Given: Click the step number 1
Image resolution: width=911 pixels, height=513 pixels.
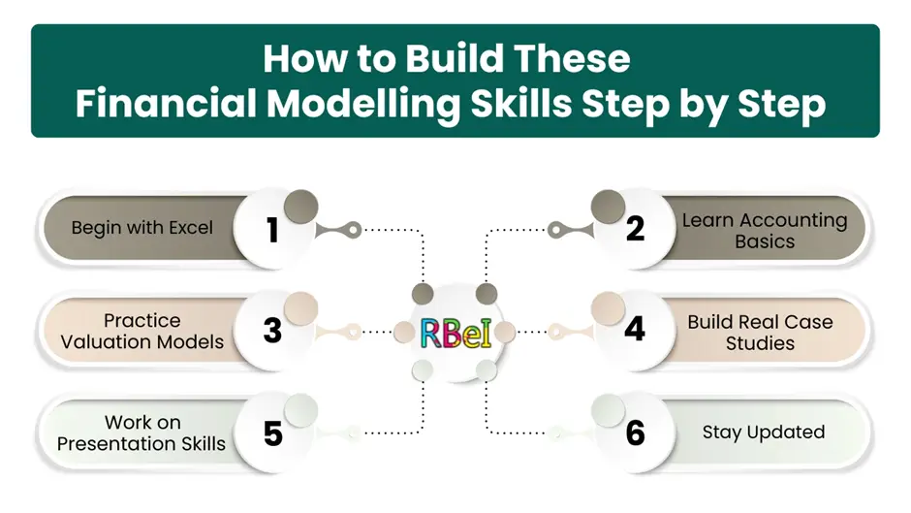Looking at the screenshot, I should pos(272,230).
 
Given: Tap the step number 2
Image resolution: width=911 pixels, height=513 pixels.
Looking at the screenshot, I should pos(635,230).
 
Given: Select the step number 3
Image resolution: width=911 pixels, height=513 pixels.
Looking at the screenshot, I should pos(272,331).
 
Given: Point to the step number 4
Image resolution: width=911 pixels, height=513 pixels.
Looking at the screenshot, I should pos(635,331).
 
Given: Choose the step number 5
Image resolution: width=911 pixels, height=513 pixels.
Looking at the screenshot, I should pos(272,433).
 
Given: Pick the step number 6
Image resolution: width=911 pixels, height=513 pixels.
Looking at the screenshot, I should pos(635,433).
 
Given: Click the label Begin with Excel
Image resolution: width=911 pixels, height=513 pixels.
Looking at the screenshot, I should pos(141,230).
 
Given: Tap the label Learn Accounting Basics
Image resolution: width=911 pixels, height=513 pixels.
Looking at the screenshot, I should pos(764,231).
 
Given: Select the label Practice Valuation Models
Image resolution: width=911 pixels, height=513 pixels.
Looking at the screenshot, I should pos(142,331).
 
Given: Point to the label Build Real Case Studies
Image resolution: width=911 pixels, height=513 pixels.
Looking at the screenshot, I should pos(760,332).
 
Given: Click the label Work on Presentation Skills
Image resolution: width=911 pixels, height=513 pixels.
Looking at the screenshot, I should pos(141,433).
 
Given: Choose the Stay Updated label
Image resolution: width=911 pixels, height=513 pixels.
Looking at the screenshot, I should pos(764,433).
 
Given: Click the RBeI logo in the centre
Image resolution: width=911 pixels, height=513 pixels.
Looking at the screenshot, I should pos(455,333).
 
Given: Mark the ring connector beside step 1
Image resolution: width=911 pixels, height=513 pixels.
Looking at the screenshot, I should pos(355,230).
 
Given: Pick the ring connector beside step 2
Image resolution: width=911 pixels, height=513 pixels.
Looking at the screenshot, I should pos(555,230).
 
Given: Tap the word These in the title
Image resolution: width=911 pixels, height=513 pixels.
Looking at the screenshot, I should pos(575,60).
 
